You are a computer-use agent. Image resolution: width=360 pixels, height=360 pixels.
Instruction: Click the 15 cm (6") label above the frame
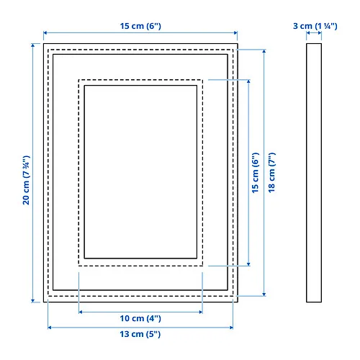click(140, 26)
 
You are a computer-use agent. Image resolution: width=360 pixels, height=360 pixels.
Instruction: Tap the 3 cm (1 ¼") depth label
click(315, 26)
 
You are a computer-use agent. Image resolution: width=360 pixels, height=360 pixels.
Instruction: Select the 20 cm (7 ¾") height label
click(26, 180)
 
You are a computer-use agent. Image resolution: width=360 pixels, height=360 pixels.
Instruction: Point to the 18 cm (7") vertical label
click(271, 173)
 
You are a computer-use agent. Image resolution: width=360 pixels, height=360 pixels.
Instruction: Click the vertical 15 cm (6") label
click(256, 173)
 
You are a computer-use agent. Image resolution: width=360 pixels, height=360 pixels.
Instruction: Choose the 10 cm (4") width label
click(140, 318)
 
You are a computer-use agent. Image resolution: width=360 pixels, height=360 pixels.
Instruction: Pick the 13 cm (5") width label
click(140, 334)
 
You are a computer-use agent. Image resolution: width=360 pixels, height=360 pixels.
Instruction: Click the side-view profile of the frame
click(314, 173)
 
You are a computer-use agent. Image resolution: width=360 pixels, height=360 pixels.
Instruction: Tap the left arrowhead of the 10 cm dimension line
click(81, 312)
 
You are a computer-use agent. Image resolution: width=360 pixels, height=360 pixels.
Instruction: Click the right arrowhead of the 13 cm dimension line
click(231, 328)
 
